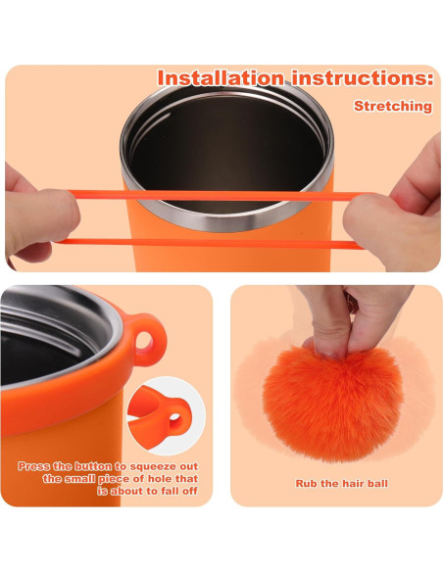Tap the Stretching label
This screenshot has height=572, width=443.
[392, 106]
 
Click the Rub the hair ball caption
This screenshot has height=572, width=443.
[335, 483]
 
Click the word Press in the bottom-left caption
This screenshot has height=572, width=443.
[36, 465]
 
